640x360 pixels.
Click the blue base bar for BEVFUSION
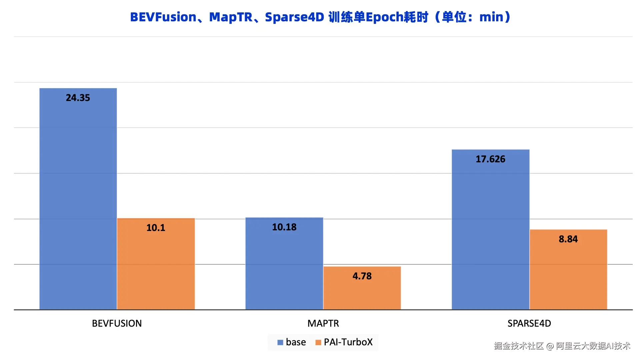pyautogui.click(x=78, y=199)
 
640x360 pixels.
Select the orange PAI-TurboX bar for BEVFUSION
pyautogui.click(x=156, y=264)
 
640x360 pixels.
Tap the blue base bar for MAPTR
pyautogui.click(x=284, y=264)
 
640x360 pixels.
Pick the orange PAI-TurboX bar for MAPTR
pyautogui.click(x=362, y=288)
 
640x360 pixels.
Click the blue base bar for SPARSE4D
pyautogui.click(x=491, y=230)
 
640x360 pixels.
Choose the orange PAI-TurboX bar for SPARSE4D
pyautogui.click(x=568, y=270)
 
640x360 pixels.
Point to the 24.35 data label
pyautogui.click(x=78, y=98)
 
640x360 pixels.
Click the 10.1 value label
pyautogui.click(x=156, y=228)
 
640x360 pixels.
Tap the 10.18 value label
pyautogui.click(x=284, y=227)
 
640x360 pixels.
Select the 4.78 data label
pyautogui.click(x=362, y=276)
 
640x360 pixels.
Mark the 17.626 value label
pyautogui.click(x=491, y=159)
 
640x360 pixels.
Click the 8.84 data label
pyautogui.click(x=568, y=239)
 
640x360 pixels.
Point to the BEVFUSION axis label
pyautogui.click(x=117, y=323)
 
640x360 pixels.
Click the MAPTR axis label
pyautogui.click(x=323, y=323)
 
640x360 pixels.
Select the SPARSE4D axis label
pyautogui.click(x=529, y=323)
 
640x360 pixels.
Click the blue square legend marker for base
pyautogui.click(x=280, y=342)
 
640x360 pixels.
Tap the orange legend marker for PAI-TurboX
pyautogui.click(x=318, y=342)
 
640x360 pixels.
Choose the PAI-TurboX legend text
pyautogui.click(x=348, y=342)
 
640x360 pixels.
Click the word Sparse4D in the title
pyautogui.click(x=295, y=17)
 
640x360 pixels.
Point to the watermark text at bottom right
pyautogui.click(x=562, y=346)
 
